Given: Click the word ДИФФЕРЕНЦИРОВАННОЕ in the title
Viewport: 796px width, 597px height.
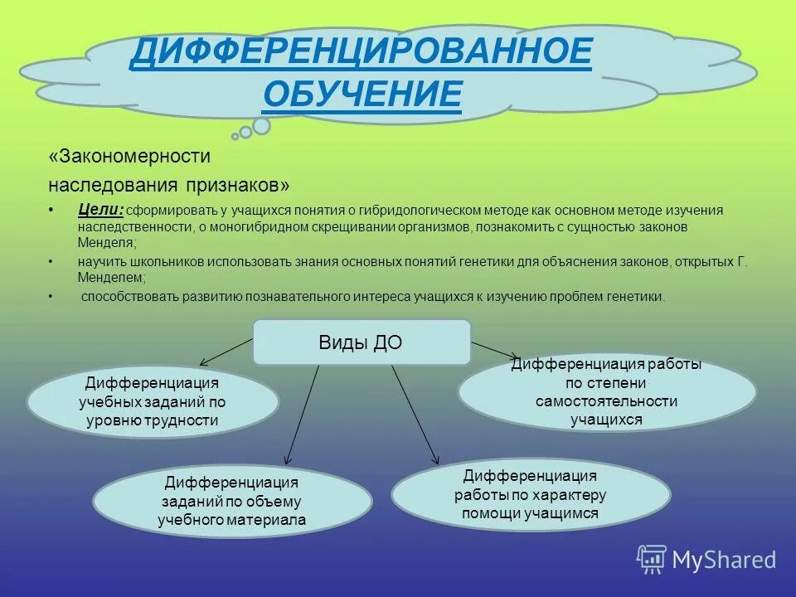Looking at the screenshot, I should point(361,54).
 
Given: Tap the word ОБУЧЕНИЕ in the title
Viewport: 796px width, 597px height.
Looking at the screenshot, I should point(362,94).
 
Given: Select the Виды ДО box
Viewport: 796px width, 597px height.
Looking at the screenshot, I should point(361,342).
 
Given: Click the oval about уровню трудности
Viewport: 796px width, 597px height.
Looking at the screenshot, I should point(153,402).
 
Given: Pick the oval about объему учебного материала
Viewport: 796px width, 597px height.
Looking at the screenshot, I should point(232,501).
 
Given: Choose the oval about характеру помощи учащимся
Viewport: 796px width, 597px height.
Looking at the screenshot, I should point(530,495).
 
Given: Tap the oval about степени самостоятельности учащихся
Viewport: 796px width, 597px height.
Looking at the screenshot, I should point(606,392).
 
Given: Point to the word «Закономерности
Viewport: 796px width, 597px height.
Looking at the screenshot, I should point(130,155).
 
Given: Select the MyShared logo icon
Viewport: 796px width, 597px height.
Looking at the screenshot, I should point(652,559).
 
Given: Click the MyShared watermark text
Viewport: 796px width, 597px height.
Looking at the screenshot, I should point(724,561).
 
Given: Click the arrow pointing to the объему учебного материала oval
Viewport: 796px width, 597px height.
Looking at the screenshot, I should point(302,415).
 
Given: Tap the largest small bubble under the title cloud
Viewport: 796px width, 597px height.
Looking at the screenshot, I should point(261,125).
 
